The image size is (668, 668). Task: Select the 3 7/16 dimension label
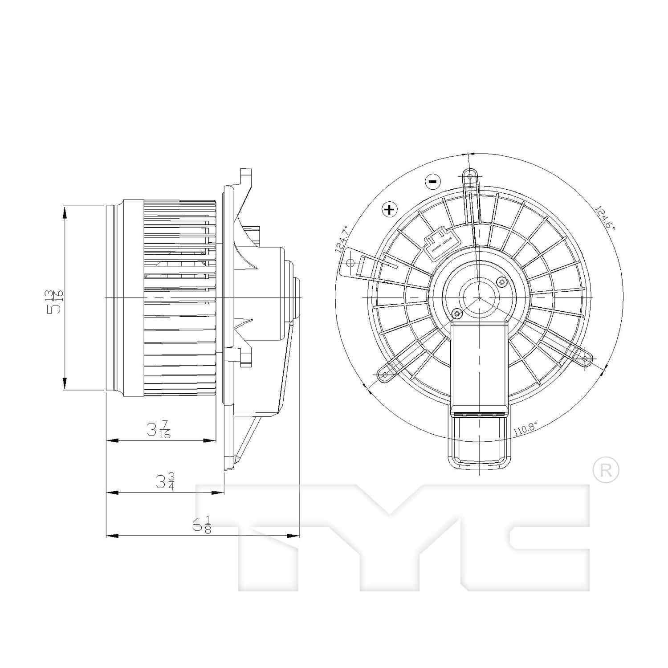[159, 429]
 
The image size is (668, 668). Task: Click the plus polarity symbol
[389, 209]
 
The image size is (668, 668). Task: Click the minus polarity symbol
[432, 181]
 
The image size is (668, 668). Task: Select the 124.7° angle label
[342, 240]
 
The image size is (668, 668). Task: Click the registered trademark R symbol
[606, 471]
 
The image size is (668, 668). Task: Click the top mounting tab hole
[470, 176]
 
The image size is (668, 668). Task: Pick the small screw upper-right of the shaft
[502, 281]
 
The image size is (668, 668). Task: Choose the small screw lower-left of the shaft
[456, 315]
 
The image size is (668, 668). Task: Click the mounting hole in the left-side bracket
[350, 263]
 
